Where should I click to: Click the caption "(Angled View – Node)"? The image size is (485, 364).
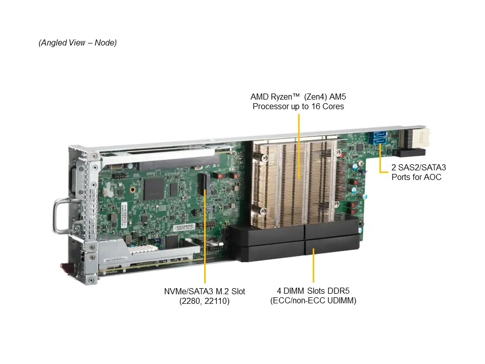point(78,42)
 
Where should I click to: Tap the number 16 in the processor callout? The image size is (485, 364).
point(315,107)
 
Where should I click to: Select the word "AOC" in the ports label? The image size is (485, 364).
point(432,177)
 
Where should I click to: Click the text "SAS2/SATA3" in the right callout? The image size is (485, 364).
point(422,167)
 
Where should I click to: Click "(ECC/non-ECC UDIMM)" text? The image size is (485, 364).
point(313,300)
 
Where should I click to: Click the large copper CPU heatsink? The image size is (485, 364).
point(295,183)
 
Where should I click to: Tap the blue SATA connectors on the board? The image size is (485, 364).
point(379,138)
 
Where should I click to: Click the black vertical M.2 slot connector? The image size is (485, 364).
point(204,184)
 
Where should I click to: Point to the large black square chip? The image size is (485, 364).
point(154,189)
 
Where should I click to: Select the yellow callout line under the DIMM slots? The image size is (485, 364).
point(313,265)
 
